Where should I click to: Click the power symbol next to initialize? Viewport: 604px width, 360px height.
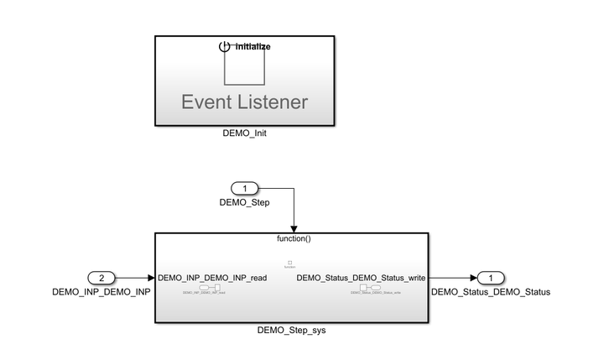224,47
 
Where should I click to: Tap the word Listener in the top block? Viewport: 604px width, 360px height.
273,103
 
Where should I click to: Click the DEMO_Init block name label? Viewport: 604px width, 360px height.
246,133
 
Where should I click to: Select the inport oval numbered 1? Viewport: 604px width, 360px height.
244,189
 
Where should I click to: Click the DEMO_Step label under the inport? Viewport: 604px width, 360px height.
244,202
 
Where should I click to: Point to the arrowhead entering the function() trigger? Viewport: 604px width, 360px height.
294,227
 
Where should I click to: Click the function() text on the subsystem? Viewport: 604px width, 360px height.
294,239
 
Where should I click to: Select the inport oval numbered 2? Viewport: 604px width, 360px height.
101,278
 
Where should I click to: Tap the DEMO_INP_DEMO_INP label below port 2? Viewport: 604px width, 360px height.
101,292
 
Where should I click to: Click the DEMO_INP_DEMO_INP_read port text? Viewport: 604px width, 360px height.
212,278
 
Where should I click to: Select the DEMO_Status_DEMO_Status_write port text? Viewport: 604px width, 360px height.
361,278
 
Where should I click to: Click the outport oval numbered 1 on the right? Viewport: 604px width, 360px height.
491,278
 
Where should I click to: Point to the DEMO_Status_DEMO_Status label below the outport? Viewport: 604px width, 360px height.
491,292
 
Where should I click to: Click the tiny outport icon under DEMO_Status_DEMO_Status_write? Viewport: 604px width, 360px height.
366,288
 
